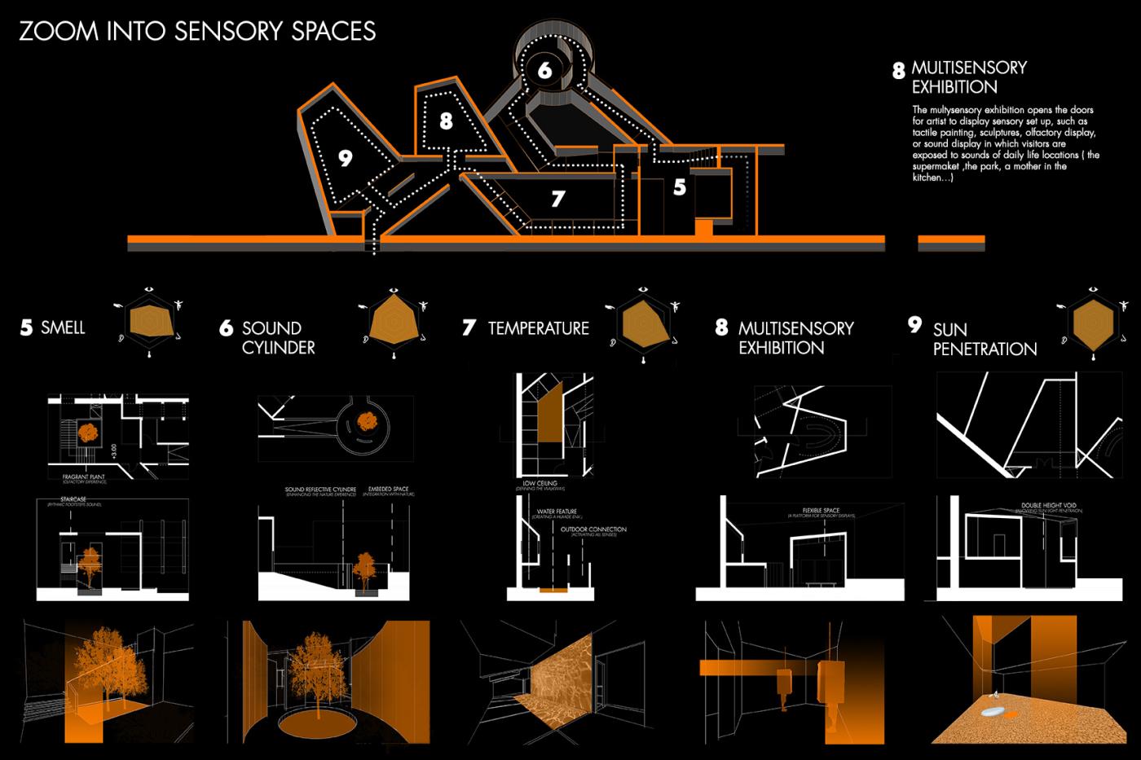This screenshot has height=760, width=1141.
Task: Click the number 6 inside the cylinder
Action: pyautogui.click(x=544, y=70)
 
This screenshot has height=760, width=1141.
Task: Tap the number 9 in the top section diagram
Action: pyautogui.click(x=346, y=158)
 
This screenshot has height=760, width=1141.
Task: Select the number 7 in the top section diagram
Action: pyautogui.click(x=557, y=198)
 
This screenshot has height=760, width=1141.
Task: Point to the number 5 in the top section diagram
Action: pyautogui.click(x=680, y=187)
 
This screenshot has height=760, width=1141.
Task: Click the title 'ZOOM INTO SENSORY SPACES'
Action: pyautogui.click(x=197, y=31)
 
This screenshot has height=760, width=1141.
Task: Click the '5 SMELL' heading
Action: pyautogui.click(x=53, y=328)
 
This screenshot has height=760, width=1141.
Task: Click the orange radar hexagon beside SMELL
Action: pyautogui.click(x=151, y=323)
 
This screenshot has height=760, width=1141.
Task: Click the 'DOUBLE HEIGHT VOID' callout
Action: pyautogui.click(x=1049, y=506)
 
